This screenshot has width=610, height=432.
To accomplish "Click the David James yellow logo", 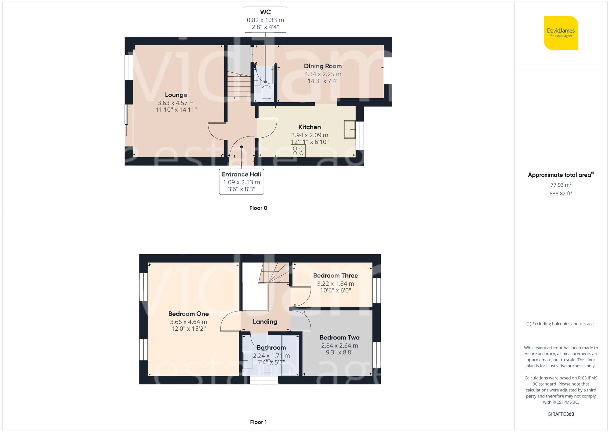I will click(x=561, y=33).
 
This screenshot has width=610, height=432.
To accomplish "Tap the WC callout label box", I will click(x=265, y=20).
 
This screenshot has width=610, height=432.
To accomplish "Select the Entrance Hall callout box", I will click(x=241, y=182).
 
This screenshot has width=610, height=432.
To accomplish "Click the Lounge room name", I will click(x=176, y=95).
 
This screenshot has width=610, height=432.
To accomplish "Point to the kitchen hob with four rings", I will click(x=298, y=151).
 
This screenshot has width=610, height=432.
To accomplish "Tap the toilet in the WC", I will click(x=266, y=93).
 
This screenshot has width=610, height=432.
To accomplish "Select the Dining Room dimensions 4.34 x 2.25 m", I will click(x=323, y=74).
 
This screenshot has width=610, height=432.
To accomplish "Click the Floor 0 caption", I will click(x=258, y=208).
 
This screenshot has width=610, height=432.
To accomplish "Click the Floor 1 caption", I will click(x=258, y=422).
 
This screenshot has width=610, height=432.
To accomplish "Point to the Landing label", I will click(x=265, y=321).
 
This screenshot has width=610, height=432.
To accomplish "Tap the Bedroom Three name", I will click(x=335, y=275).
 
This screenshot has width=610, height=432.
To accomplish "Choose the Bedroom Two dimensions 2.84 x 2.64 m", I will click(x=339, y=346).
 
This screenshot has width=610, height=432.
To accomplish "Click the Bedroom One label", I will click(x=188, y=314).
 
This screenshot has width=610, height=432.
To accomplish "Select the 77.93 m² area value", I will click(x=561, y=185).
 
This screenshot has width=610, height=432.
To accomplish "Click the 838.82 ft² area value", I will click(x=561, y=194).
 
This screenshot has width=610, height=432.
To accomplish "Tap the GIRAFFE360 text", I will click(x=561, y=414).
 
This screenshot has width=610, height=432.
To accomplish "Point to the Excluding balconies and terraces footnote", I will click(x=561, y=324).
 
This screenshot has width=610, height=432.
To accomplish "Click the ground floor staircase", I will click(x=239, y=85).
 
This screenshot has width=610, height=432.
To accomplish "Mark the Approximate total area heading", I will click(x=561, y=175).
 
